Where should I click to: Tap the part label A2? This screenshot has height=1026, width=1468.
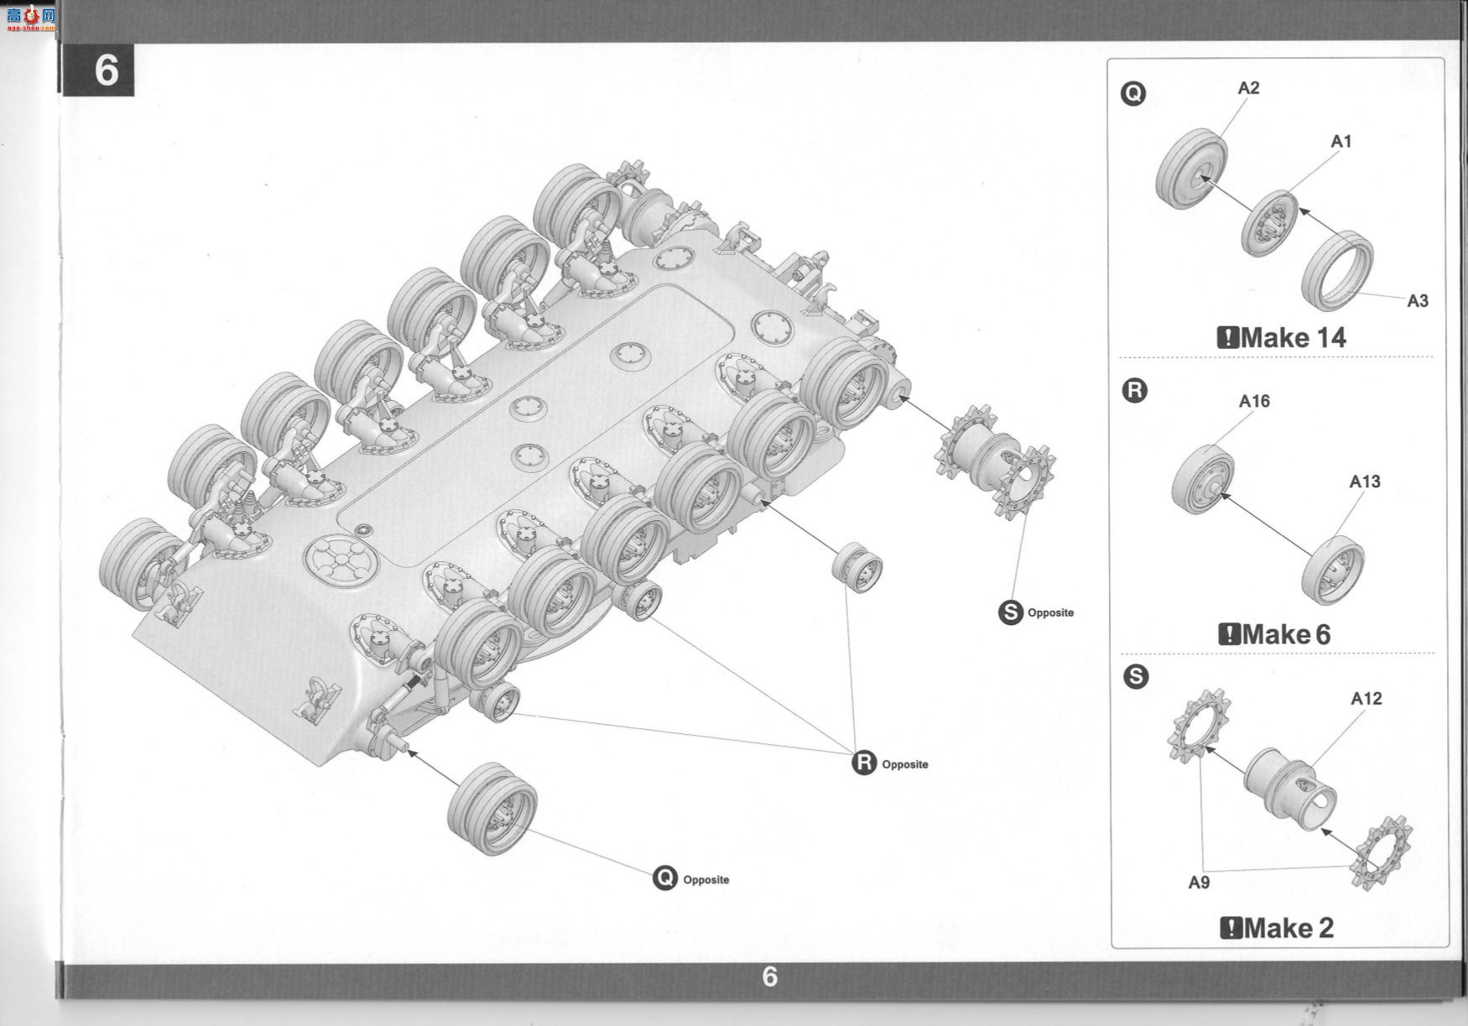[1248, 88]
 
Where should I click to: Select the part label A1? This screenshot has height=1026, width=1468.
[1341, 142]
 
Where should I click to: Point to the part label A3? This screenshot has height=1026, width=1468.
[1418, 301]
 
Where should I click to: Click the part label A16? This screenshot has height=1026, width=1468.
[1254, 402]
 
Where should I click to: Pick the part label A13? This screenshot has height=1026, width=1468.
[1365, 482]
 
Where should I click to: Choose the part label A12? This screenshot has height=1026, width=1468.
[1366, 699]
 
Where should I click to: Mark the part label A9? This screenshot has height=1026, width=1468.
[1199, 883]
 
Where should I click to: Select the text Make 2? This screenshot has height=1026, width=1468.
[1288, 928]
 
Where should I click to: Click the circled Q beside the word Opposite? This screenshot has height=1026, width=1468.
[664, 878]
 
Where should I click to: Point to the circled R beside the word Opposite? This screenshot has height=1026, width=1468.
[864, 763]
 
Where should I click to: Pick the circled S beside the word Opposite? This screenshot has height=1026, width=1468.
[1011, 612]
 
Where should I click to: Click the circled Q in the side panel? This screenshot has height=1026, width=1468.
[1132, 93]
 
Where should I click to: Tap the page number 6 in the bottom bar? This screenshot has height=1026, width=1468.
[769, 977]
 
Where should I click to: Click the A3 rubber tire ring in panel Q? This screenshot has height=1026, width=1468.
[1337, 270]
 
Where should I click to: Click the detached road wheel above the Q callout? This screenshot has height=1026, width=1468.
[492, 808]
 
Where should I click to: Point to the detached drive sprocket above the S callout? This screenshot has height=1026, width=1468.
[995, 461]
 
